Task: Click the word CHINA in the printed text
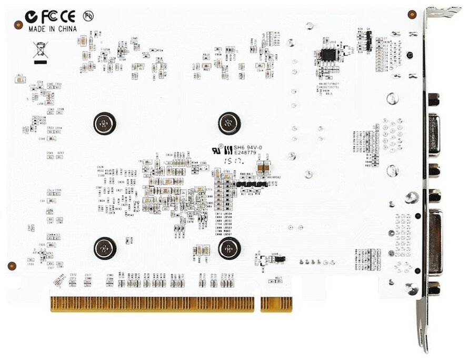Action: click(67, 28)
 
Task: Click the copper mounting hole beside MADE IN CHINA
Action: click(18, 25)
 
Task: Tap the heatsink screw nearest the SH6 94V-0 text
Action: click(229, 124)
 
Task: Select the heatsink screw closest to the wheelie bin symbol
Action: click(104, 124)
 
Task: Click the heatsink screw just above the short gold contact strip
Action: click(229, 247)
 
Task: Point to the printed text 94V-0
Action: click(255, 148)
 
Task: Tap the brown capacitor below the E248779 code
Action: click(267, 165)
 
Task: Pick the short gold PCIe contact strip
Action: click(276, 304)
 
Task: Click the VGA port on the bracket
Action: click(434, 134)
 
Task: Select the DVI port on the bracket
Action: click(435, 241)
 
